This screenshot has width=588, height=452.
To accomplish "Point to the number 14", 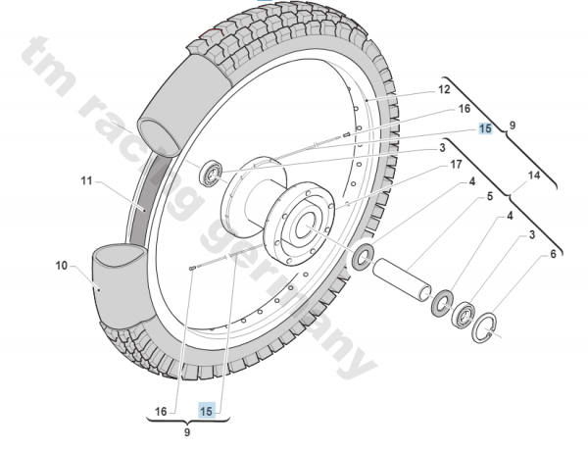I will coord(533,176).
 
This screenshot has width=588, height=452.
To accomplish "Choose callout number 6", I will coord(554,254).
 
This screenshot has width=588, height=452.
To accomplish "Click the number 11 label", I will coord(85,181).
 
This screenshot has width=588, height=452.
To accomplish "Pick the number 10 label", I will coord(62,266).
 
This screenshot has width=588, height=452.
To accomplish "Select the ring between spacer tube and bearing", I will coord(442,299).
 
